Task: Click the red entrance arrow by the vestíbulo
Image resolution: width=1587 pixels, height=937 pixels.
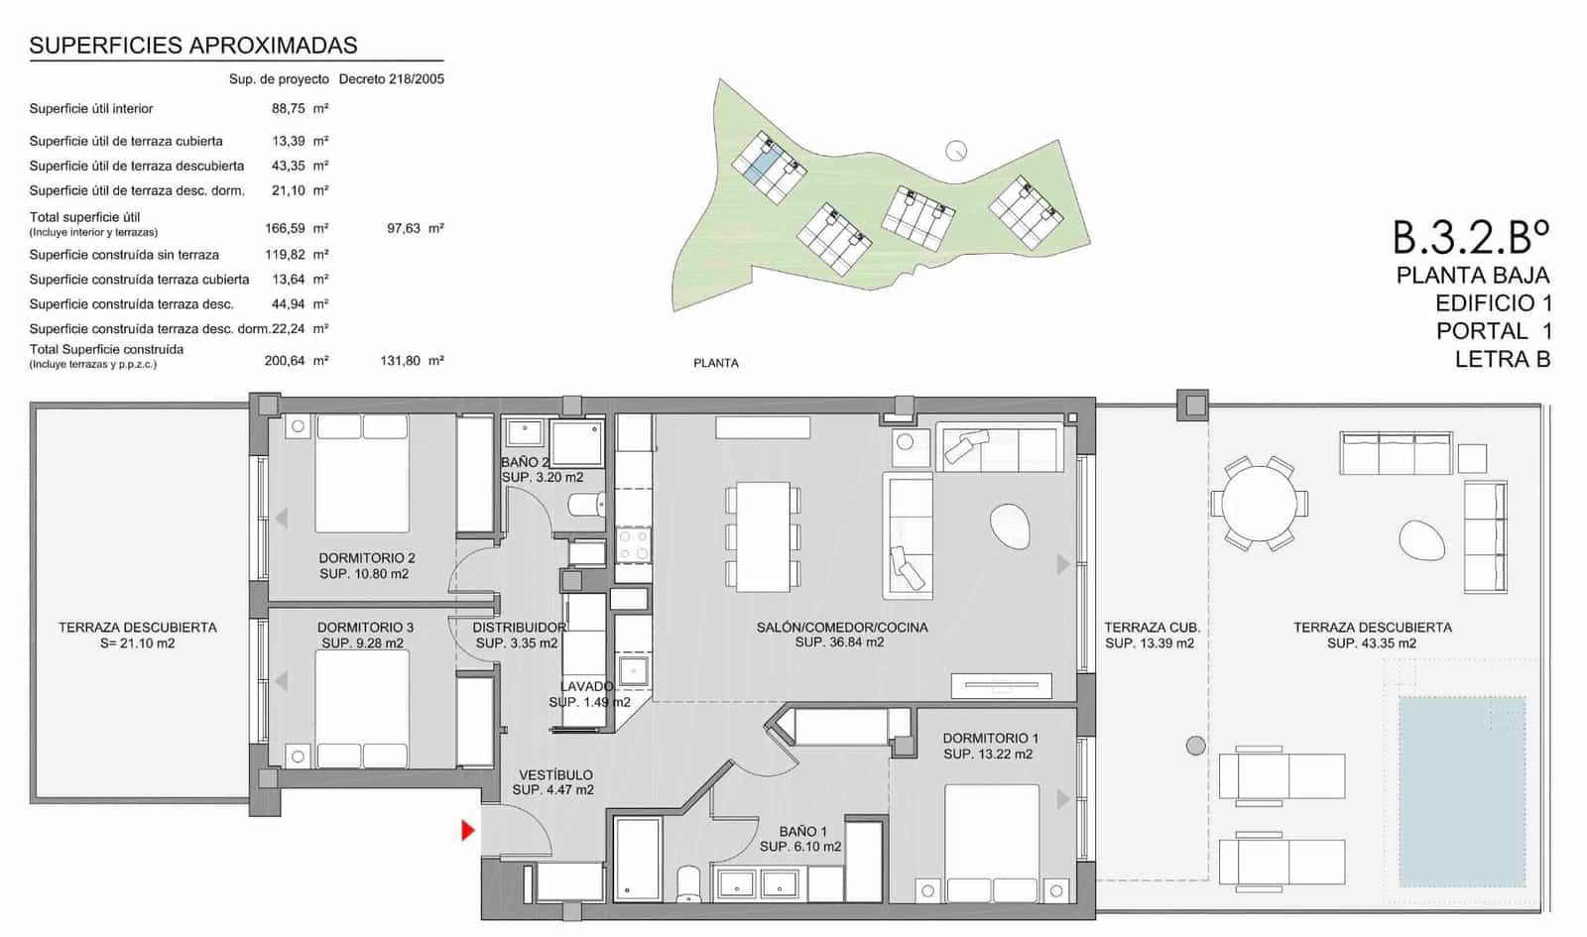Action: point(468,830)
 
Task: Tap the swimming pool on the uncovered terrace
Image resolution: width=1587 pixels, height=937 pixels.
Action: point(1461,790)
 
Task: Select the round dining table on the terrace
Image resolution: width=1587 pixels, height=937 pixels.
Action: point(1259,503)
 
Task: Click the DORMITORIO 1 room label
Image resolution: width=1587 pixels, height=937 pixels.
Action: point(990,738)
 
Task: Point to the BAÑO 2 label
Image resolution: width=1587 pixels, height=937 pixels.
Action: point(525,462)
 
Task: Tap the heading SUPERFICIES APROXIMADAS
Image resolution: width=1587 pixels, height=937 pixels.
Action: point(193,45)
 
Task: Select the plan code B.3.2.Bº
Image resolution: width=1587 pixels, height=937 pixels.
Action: point(1471,237)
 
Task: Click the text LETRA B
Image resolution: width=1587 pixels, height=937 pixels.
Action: point(1502,360)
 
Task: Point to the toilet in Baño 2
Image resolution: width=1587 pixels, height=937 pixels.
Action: point(585,506)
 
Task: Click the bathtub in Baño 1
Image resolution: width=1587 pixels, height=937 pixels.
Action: point(638,858)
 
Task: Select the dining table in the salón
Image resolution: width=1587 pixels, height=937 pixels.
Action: point(763,536)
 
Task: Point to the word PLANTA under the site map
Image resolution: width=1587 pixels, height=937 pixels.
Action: point(715,363)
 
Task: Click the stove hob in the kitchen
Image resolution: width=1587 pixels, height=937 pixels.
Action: point(633,544)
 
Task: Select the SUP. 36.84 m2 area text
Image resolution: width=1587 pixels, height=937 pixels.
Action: point(839,643)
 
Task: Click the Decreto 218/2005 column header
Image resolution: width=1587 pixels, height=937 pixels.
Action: point(391,79)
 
